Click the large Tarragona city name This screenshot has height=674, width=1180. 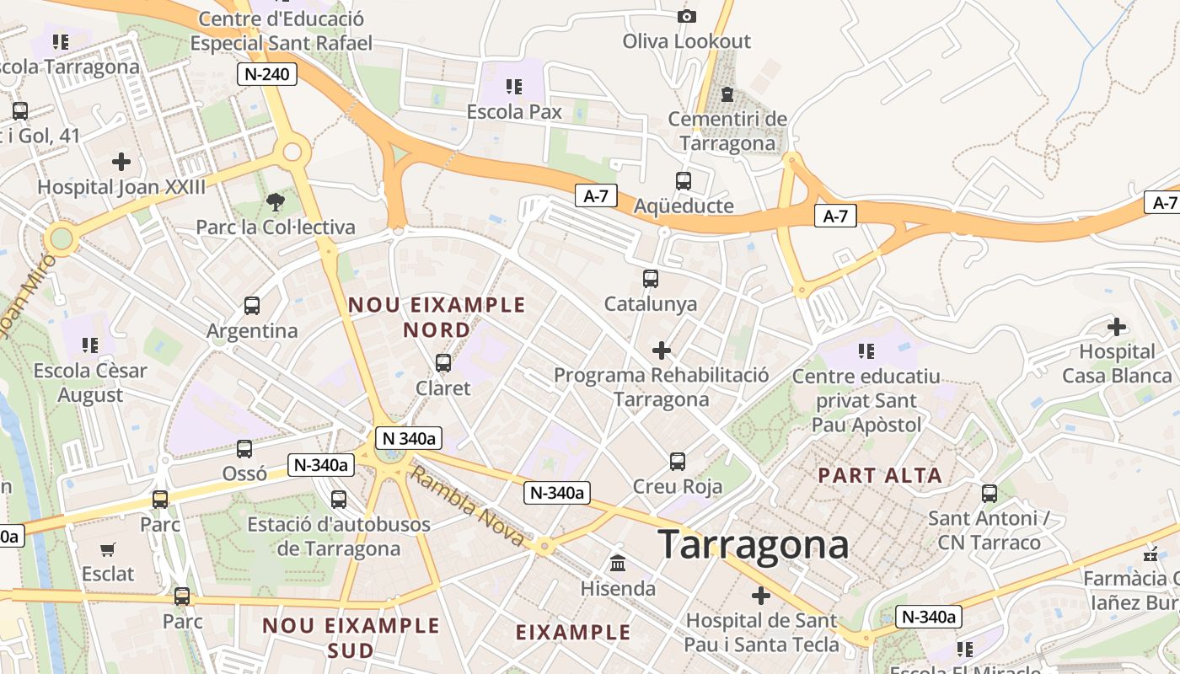tap(753, 544)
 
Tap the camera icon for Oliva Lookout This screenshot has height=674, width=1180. tap(686, 16)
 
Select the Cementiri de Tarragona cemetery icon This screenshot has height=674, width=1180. tap(727, 94)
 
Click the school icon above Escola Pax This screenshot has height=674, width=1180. tap(513, 86)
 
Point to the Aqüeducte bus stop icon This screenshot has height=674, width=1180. tap(684, 180)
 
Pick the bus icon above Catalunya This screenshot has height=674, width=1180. tap(650, 278)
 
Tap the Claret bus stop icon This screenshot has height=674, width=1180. tap(443, 363)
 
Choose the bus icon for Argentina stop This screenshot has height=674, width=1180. tap(252, 306)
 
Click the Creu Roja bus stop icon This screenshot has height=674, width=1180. tap(678, 461)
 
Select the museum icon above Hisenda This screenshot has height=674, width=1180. tap(618, 563)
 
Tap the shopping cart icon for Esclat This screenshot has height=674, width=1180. tap(108, 549)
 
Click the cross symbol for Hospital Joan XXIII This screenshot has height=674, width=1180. tap(121, 161)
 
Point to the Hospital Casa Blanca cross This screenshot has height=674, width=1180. tap(1117, 327)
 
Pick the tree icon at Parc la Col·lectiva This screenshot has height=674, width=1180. tap(275, 202)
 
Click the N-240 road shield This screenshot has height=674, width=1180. tap(266, 74)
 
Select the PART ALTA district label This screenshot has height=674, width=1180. tap(880, 475)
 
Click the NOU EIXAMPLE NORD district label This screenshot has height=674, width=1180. tap(437, 317)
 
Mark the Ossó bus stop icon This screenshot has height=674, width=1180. tap(244, 449)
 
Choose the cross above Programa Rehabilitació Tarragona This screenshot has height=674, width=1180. tap(662, 350)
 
